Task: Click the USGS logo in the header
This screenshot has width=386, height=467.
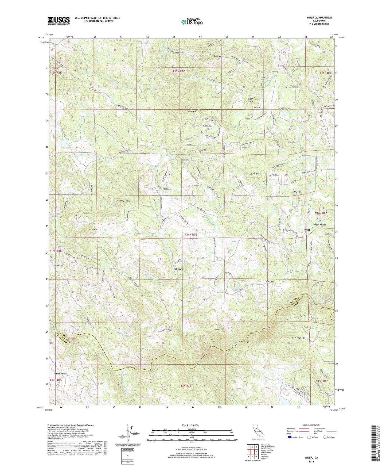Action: pyautogui.click(x=59, y=21)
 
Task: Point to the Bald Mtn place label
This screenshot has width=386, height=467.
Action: pyautogui.click(x=218, y=56)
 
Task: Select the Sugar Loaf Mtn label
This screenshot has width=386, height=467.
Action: pyautogui.click(x=248, y=100)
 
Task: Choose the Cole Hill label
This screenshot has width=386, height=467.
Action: pyautogui.click(x=255, y=174)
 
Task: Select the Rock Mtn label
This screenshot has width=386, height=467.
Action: pyautogui.click(x=93, y=229)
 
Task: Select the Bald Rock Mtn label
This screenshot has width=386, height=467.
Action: pyautogui.click(x=298, y=338)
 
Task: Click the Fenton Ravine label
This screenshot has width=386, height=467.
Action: pyautogui.click(x=60, y=374)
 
